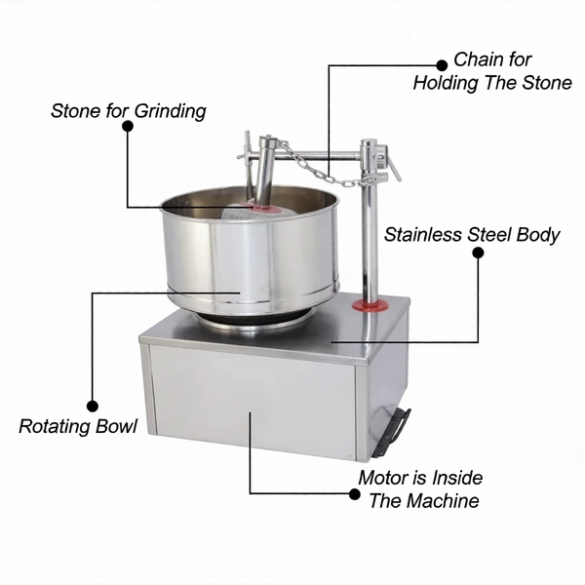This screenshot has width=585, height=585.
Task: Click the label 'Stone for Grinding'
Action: tap(129, 111)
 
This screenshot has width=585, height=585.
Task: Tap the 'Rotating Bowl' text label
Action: tap(78, 426)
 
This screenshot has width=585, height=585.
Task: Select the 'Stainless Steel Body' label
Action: tap(472, 235)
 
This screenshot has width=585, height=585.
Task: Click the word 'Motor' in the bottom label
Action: tap(383, 478)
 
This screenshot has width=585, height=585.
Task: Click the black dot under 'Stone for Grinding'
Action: tap(128, 126)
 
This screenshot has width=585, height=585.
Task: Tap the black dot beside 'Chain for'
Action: tap(442, 65)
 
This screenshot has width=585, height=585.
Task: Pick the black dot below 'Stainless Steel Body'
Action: tap(478, 253)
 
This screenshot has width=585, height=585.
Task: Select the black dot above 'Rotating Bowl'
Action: tap(93, 406)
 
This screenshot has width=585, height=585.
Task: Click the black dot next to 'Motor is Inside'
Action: tap(355, 494)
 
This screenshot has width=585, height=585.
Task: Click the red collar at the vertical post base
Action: tap(370, 305)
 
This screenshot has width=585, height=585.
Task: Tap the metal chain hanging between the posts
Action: tap(322, 166)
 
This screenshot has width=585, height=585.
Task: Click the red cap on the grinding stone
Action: tap(260, 207)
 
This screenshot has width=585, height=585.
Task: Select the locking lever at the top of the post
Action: tap(389, 162)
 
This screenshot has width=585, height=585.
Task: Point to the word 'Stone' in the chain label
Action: tap(547, 83)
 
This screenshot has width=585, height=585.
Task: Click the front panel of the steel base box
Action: tap(253, 400)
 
